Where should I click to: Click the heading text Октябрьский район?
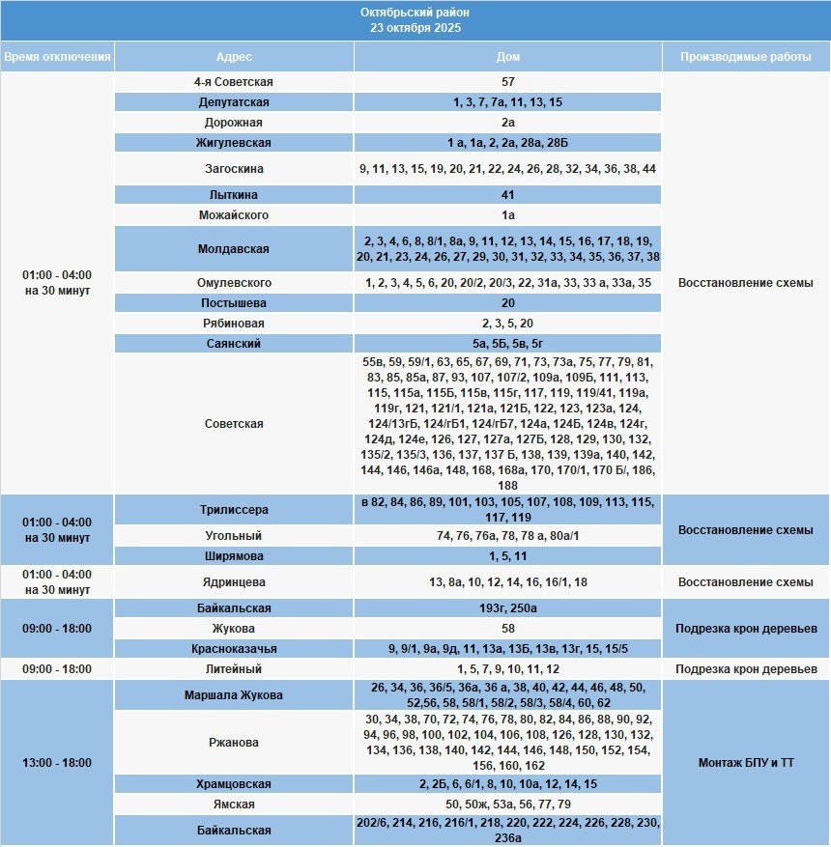pyautogui.click(x=415, y=13)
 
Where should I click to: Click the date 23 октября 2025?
pyautogui.click(x=415, y=28)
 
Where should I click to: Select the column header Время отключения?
pyautogui.click(x=57, y=57)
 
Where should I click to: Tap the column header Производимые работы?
pyautogui.click(x=745, y=57)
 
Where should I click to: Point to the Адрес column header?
pyautogui.click(x=234, y=57)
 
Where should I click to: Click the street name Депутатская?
pyautogui.click(x=234, y=102)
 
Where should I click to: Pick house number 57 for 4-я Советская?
pyautogui.click(x=507, y=82)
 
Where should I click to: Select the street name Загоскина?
pyautogui.click(x=234, y=169)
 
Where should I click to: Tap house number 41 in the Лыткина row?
pyautogui.click(x=507, y=195)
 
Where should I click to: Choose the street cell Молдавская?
pyautogui.click(x=234, y=249)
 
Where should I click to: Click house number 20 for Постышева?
pyautogui.click(x=507, y=303)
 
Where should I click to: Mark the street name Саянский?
pyautogui.click(x=234, y=344)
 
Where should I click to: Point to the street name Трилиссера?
pyautogui.click(x=234, y=510)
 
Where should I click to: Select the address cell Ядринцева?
pyautogui.click(x=234, y=582)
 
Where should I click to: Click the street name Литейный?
pyautogui.click(x=234, y=669)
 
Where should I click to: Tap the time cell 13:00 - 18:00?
pyautogui.click(x=57, y=763)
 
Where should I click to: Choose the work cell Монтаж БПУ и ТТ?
pyautogui.click(x=745, y=763)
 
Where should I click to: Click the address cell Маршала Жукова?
pyautogui.click(x=234, y=695)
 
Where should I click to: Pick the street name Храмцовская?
pyautogui.click(x=234, y=784)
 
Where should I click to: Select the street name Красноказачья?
pyautogui.click(x=234, y=649)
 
